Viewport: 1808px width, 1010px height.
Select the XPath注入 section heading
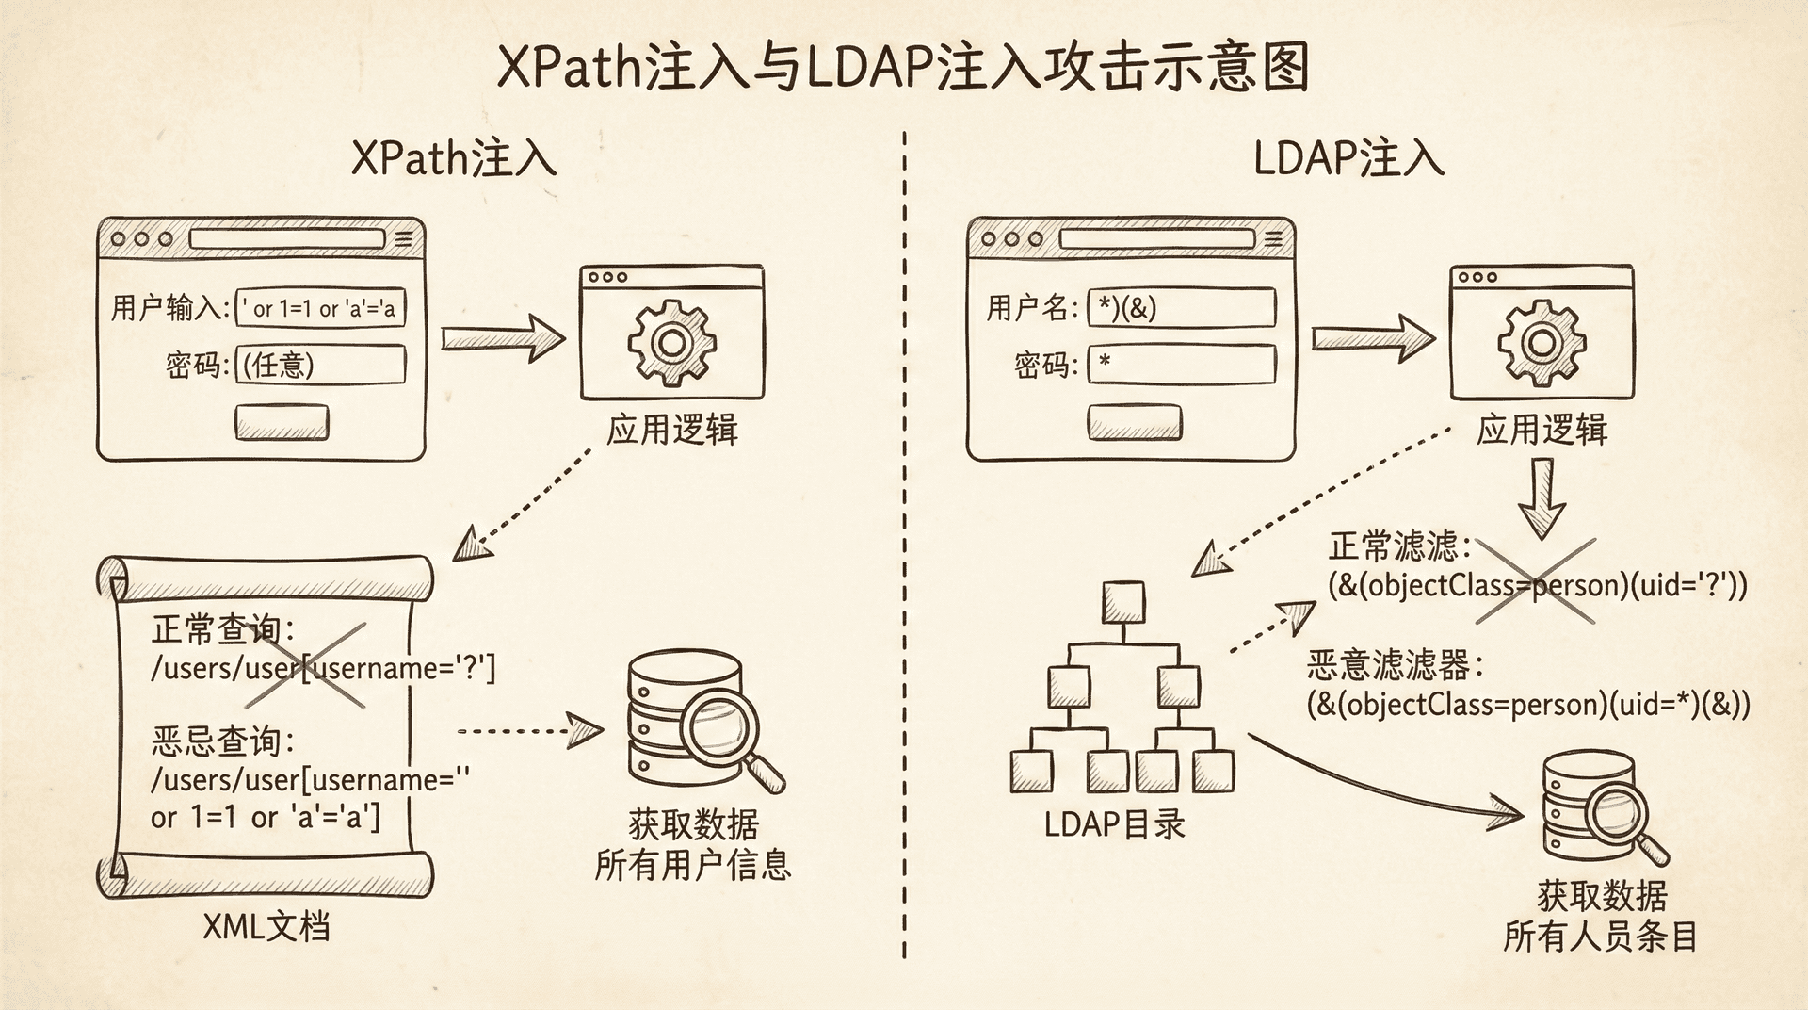(x=454, y=157)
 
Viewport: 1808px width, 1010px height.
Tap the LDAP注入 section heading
(x=1348, y=157)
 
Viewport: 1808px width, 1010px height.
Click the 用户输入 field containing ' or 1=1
(x=320, y=308)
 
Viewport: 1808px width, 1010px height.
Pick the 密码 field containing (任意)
(x=320, y=365)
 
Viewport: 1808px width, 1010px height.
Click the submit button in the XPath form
(x=282, y=423)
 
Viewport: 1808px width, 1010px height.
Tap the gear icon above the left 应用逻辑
(x=671, y=342)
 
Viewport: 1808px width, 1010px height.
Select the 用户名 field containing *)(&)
(x=1181, y=308)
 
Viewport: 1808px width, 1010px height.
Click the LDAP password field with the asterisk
(x=1181, y=365)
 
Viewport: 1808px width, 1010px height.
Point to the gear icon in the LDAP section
(x=1542, y=342)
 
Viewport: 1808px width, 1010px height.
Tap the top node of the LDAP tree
(x=1123, y=601)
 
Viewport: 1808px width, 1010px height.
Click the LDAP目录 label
(x=1114, y=824)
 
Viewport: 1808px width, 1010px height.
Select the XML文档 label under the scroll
(x=266, y=928)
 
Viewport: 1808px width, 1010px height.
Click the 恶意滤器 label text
(x=1395, y=666)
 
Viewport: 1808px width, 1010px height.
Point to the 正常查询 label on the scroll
(x=222, y=629)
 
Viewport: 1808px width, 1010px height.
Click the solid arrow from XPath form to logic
(x=502, y=339)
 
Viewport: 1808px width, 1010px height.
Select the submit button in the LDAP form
(x=1134, y=423)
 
